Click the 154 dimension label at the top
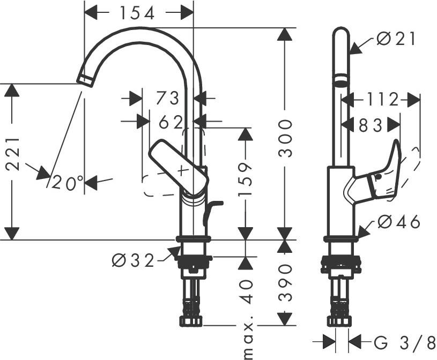[x=137, y=13]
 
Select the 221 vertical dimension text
[x=12, y=153]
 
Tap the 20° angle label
[x=68, y=183]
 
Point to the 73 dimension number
[x=167, y=98]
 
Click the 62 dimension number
[x=171, y=122]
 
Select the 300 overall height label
[x=285, y=138]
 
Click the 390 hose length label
[x=285, y=283]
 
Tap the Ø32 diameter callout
[x=133, y=261]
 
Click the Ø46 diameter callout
[x=399, y=222]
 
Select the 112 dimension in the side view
[x=382, y=100]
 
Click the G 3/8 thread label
[x=405, y=342]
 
